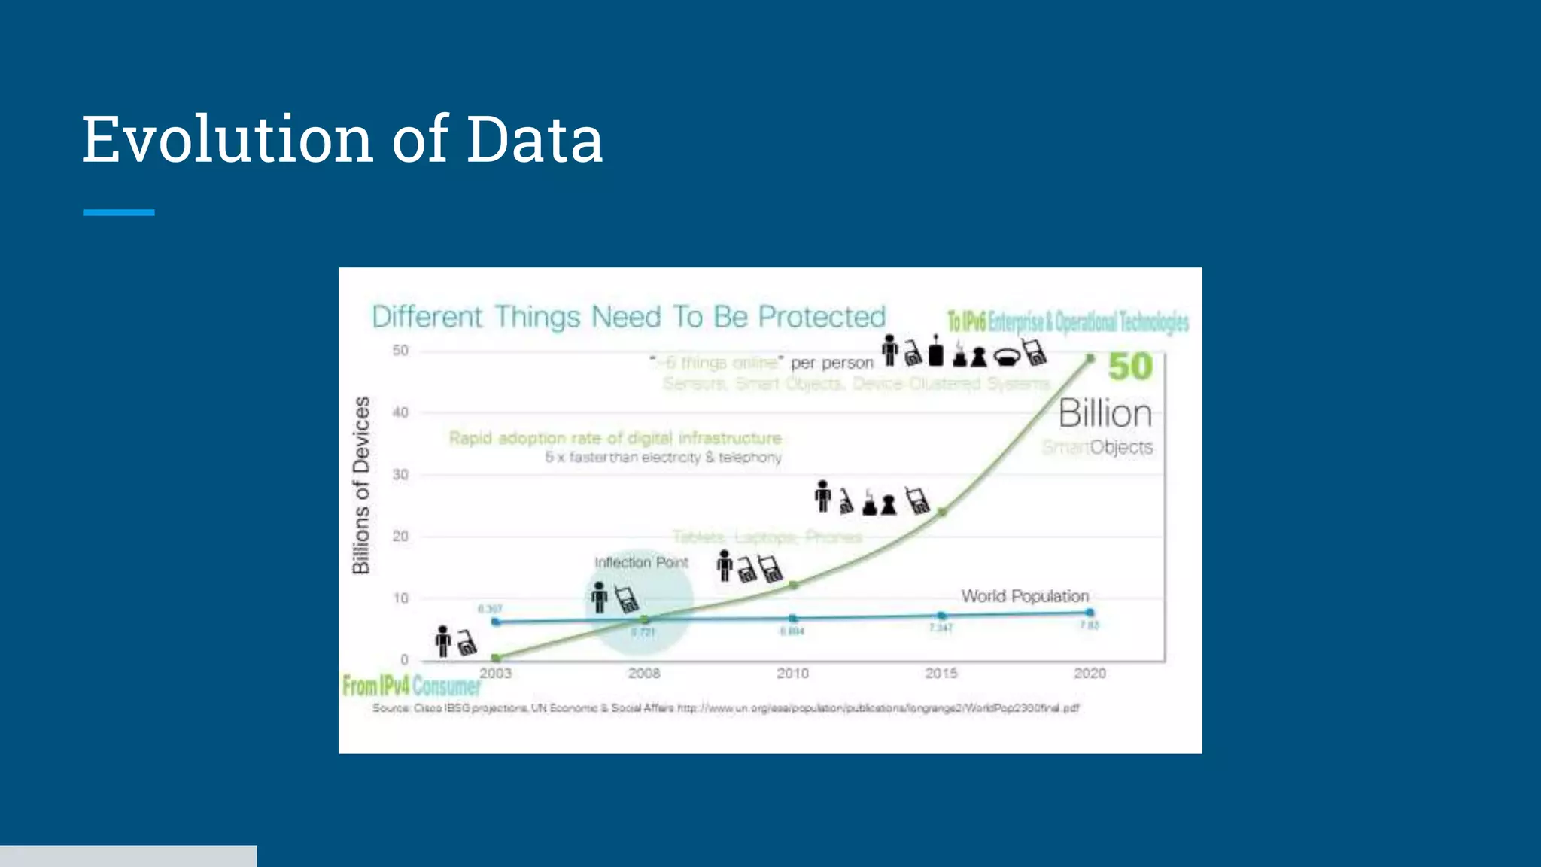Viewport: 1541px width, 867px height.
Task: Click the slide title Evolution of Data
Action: click(x=342, y=139)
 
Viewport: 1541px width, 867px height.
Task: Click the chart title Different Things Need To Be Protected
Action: click(x=628, y=317)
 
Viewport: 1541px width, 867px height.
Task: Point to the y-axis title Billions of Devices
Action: click(x=362, y=485)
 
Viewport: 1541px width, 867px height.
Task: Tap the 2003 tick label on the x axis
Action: click(x=495, y=673)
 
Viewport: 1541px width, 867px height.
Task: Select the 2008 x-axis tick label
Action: click(x=644, y=673)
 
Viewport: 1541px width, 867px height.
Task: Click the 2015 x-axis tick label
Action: click(x=941, y=673)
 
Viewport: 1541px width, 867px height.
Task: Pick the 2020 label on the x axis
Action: click(x=1090, y=673)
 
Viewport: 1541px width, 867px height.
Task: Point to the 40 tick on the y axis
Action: click(x=400, y=412)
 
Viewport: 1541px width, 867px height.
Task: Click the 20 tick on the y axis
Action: click(x=400, y=537)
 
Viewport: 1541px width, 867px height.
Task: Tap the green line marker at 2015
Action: click(x=942, y=512)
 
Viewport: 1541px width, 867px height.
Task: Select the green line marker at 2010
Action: click(x=793, y=585)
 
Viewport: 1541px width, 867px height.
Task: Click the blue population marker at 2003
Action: click(x=495, y=622)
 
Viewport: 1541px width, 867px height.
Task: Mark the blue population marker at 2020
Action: click(x=1090, y=613)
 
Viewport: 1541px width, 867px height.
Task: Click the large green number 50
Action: click(x=1130, y=367)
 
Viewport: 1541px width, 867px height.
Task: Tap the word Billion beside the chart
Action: click(x=1105, y=414)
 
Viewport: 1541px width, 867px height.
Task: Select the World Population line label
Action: click(x=1025, y=596)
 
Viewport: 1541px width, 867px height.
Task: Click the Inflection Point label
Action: click(x=641, y=562)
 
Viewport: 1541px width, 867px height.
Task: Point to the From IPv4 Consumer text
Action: click(x=411, y=686)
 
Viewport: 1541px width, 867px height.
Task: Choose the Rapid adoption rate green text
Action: click(x=615, y=438)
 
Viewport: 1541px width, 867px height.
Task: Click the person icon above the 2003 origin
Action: click(x=444, y=641)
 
